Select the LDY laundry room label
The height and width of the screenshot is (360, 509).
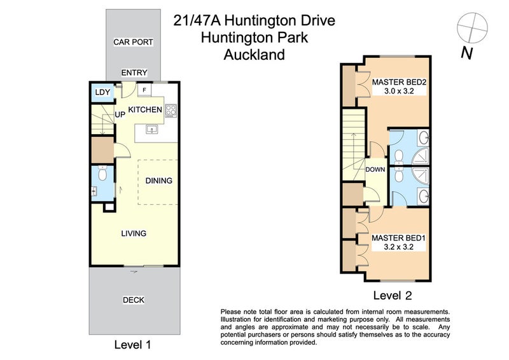coord(102,93)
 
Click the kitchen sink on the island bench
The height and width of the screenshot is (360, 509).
coord(151,129)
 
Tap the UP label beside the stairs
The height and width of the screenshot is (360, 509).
coord(120,114)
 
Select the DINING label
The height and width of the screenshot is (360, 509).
coord(158,181)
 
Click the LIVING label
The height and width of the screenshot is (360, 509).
coord(134,233)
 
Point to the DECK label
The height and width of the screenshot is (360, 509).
coord(133,300)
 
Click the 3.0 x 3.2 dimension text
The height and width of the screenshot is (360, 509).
coord(398,92)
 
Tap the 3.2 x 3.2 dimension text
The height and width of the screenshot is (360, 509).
coord(398,247)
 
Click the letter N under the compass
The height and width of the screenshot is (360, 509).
coord(466,53)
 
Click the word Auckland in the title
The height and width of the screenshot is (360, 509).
coord(254,55)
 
